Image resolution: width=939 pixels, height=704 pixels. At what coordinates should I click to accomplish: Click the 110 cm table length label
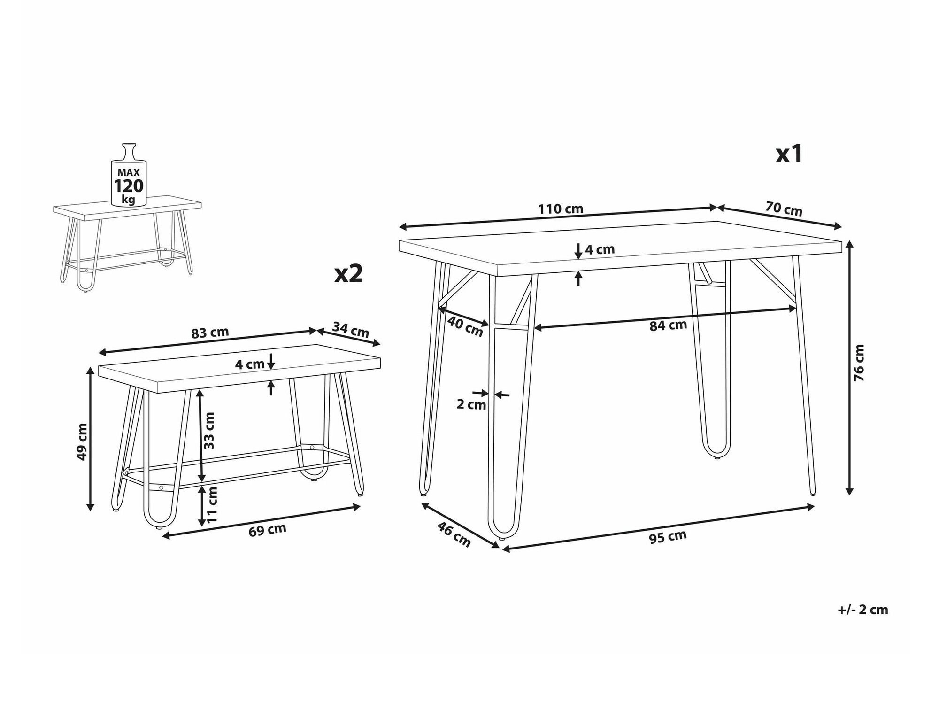[561, 209]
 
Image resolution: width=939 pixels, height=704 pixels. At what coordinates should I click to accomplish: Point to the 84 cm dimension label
[668, 325]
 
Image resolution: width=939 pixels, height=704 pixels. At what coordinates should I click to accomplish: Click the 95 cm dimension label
[668, 537]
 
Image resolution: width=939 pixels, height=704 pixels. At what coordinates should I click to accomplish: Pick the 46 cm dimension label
[454, 534]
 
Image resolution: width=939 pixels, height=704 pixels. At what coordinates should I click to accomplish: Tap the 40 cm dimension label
[465, 326]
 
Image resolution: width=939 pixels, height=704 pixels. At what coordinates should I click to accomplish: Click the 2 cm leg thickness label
[471, 404]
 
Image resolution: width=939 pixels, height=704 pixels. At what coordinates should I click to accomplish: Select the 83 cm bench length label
[210, 333]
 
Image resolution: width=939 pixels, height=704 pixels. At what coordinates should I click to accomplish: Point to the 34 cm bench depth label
[351, 329]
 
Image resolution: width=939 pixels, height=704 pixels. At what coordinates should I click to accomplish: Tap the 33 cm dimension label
[209, 431]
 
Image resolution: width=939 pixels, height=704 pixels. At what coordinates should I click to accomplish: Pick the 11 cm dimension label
[212, 505]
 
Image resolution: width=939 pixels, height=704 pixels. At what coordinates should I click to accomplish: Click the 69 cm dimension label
[267, 530]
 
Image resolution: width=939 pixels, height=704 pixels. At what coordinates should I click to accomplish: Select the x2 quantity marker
[349, 273]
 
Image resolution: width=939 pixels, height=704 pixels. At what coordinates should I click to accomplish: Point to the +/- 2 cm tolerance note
[863, 610]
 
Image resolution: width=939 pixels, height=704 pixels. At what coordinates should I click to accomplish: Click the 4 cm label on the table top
[600, 249]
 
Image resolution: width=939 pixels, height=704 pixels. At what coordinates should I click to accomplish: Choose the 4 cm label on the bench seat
[250, 364]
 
